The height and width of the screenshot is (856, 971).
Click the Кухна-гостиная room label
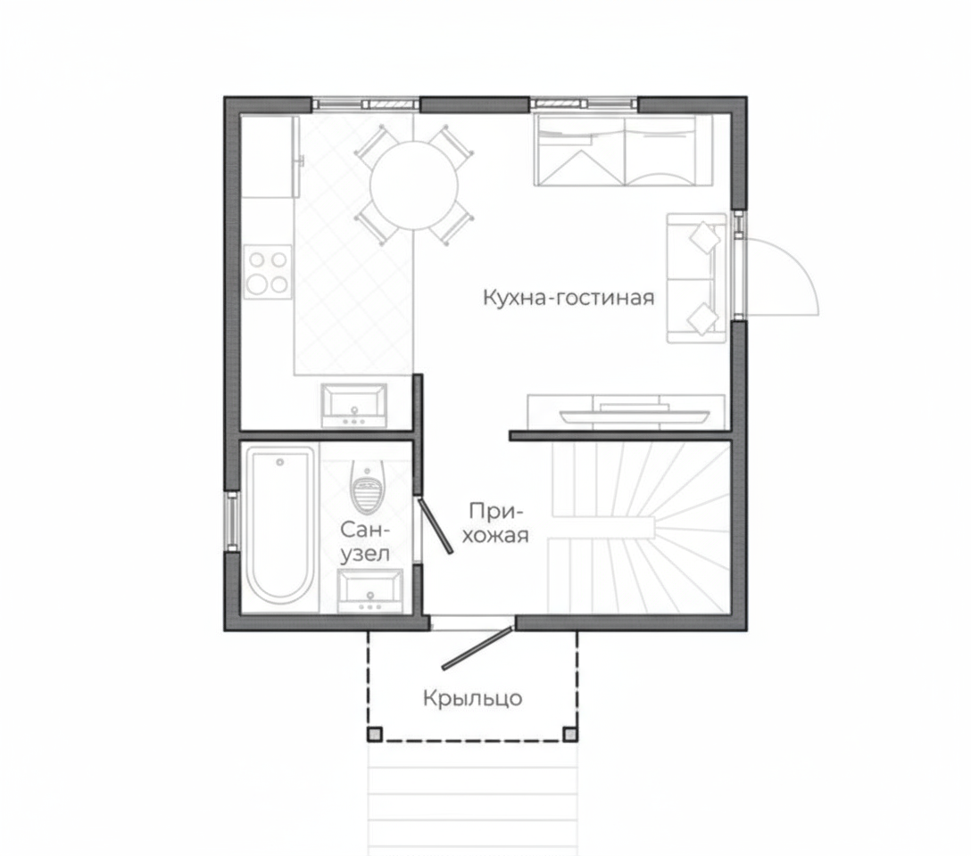click(568, 298)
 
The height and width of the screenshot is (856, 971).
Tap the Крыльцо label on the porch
click(472, 698)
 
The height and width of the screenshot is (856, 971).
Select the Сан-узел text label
click(365, 542)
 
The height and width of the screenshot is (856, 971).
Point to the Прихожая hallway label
click(495, 523)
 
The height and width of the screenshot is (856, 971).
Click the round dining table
click(414, 185)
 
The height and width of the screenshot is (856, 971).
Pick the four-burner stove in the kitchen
click(268, 272)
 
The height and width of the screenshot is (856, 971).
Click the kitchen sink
click(353, 405)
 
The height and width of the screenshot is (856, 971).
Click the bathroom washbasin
click(369, 590)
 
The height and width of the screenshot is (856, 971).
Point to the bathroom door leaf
click(436, 525)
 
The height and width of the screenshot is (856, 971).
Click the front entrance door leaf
click(477, 648)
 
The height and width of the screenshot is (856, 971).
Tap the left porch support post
click(375, 734)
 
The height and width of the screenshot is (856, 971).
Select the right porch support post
click(569, 734)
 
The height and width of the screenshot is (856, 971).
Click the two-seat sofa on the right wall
click(696, 278)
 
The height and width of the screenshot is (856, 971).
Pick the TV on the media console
click(635, 414)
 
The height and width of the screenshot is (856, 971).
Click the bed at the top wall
click(623, 150)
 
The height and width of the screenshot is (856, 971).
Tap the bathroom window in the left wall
click(232, 521)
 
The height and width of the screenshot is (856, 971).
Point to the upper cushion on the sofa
click(705, 237)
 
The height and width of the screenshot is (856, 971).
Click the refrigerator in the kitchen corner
click(270, 156)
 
